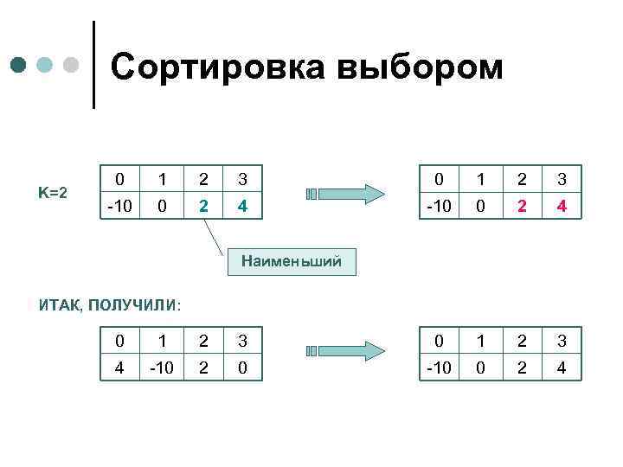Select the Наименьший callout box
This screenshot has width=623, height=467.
(x=292, y=260)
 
